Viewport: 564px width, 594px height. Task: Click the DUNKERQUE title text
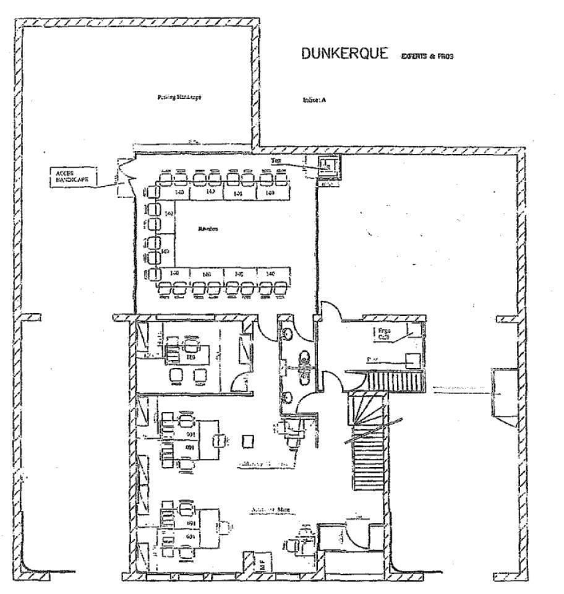[346, 54]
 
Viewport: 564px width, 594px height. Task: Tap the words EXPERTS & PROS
[427, 56]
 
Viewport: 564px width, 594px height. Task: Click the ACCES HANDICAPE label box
[72, 177]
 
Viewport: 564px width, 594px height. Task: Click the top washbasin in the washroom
[288, 332]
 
